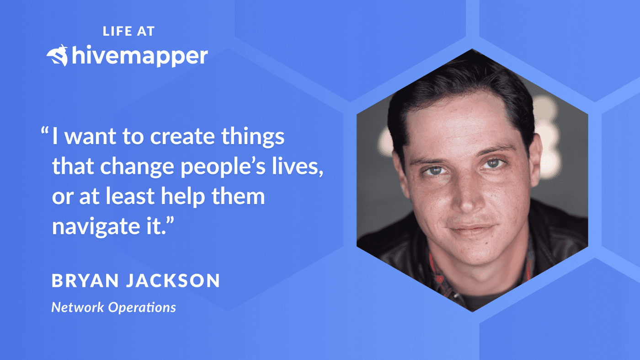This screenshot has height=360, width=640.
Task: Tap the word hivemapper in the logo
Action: [139, 56]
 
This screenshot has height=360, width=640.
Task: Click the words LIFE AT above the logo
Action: [129, 31]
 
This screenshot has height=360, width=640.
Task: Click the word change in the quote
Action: [138, 167]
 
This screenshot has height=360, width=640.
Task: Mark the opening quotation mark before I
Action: [45, 132]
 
